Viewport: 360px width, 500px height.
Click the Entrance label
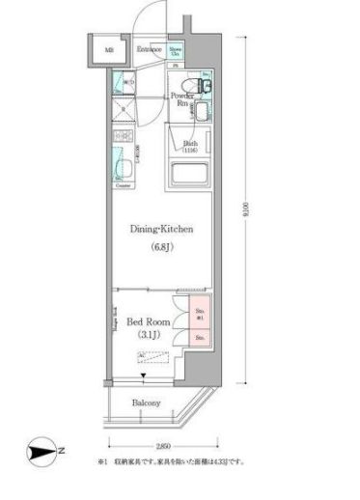pos(148,48)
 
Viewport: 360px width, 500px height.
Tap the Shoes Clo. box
pos(176,50)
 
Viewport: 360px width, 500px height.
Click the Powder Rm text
pos(181,99)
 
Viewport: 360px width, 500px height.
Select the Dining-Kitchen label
pos(163,230)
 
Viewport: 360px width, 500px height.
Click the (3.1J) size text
pos(149,335)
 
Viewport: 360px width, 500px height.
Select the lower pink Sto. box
pos(201,339)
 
